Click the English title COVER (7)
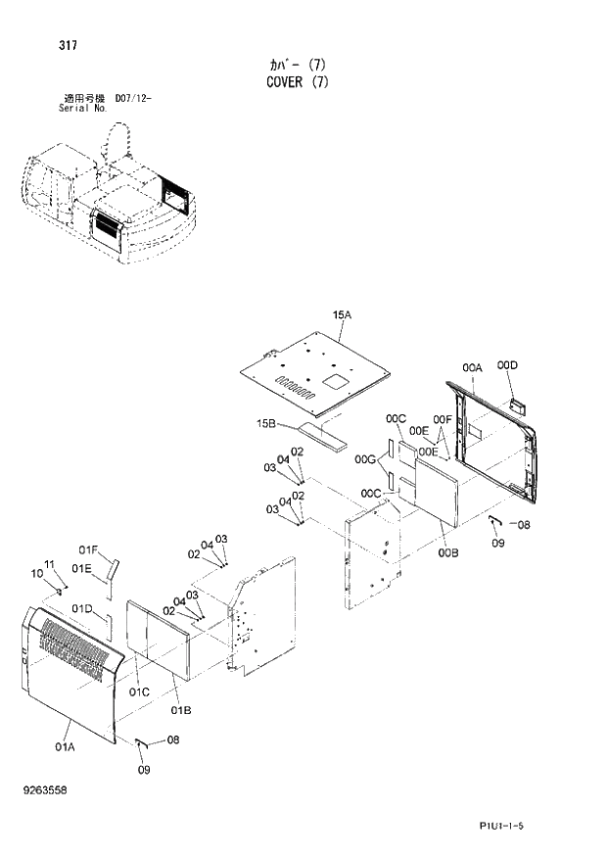click(x=303, y=82)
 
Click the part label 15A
click(x=341, y=314)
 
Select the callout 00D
click(x=506, y=365)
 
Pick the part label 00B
click(x=447, y=553)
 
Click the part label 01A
click(x=65, y=746)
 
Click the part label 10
click(x=37, y=573)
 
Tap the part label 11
click(x=51, y=565)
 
